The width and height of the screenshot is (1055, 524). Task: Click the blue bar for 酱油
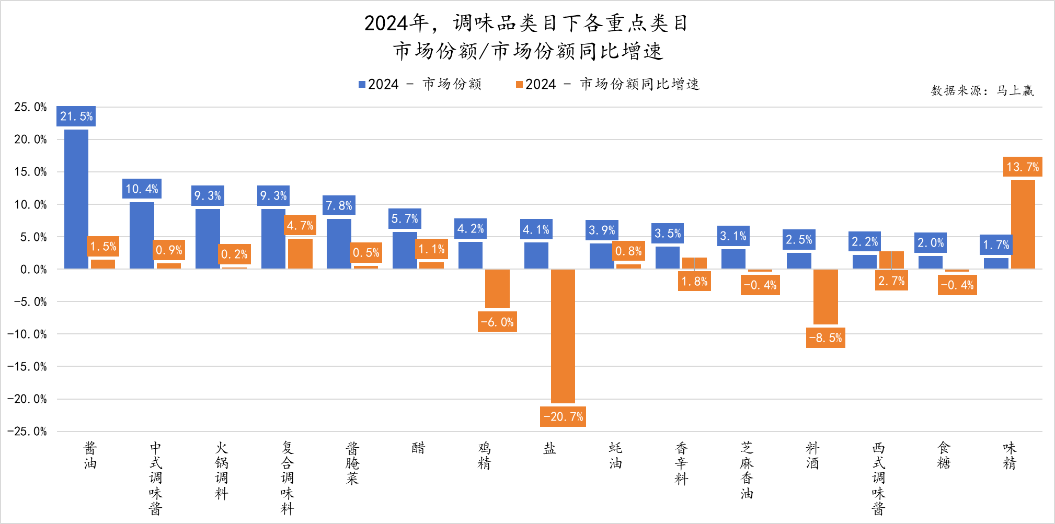pyautogui.click(x=76, y=199)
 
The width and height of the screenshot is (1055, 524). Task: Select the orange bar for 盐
pyautogui.click(x=563, y=336)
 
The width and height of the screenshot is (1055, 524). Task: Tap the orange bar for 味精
pyautogui.click(x=1023, y=225)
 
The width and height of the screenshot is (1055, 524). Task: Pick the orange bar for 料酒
pyautogui.click(x=825, y=297)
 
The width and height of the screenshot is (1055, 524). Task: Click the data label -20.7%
pyautogui.click(x=563, y=416)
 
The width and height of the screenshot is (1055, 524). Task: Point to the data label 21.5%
pyautogui.click(x=76, y=116)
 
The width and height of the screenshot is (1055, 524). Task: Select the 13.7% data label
pyautogui.click(x=1023, y=167)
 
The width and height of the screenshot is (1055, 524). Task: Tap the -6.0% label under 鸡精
pyautogui.click(x=497, y=322)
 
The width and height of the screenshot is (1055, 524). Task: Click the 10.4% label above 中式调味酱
pyautogui.click(x=142, y=189)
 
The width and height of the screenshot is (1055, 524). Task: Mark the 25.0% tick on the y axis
pyautogui.click(x=30, y=107)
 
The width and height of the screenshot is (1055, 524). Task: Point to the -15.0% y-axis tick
pyautogui.click(x=27, y=367)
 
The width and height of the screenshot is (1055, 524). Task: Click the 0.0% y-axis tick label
pyautogui.click(x=33, y=270)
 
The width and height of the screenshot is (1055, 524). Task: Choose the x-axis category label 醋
pyautogui.click(x=418, y=448)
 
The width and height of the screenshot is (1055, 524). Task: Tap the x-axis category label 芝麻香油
pyautogui.click(x=747, y=470)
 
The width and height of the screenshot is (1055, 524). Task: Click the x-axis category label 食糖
pyautogui.click(x=944, y=456)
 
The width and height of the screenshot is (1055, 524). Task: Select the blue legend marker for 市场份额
pyautogui.click(x=362, y=84)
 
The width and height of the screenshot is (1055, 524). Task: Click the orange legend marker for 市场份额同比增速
pyautogui.click(x=519, y=84)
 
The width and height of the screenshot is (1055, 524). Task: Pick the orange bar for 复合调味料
pyautogui.click(x=300, y=254)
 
